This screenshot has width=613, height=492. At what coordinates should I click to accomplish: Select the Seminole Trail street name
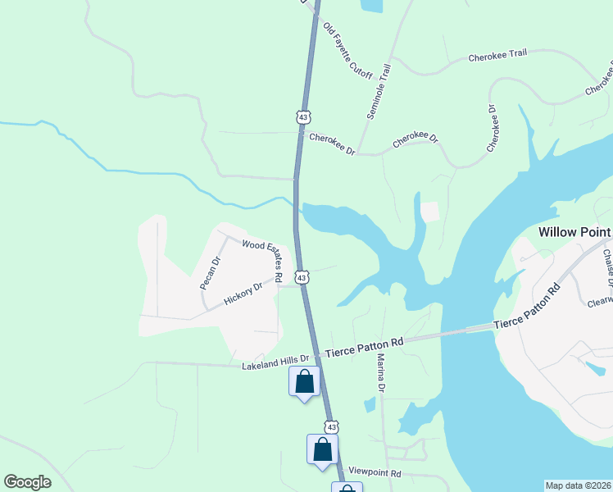tap(379, 92)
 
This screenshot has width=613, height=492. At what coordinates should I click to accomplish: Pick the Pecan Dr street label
tap(211, 273)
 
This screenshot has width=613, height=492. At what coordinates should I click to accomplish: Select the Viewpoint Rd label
tap(375, 473)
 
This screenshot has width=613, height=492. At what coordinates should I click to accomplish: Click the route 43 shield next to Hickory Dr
tap(302, 278)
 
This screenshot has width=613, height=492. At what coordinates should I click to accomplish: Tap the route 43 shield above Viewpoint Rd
tap(331, 427)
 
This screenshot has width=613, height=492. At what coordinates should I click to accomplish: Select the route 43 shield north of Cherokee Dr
tap(303, 118)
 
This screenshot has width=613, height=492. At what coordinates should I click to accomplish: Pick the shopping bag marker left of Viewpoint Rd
tap(322, 449)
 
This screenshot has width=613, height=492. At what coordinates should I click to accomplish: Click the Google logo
tap(28, 482)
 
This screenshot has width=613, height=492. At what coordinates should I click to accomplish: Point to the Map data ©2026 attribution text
tap(578, 485)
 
